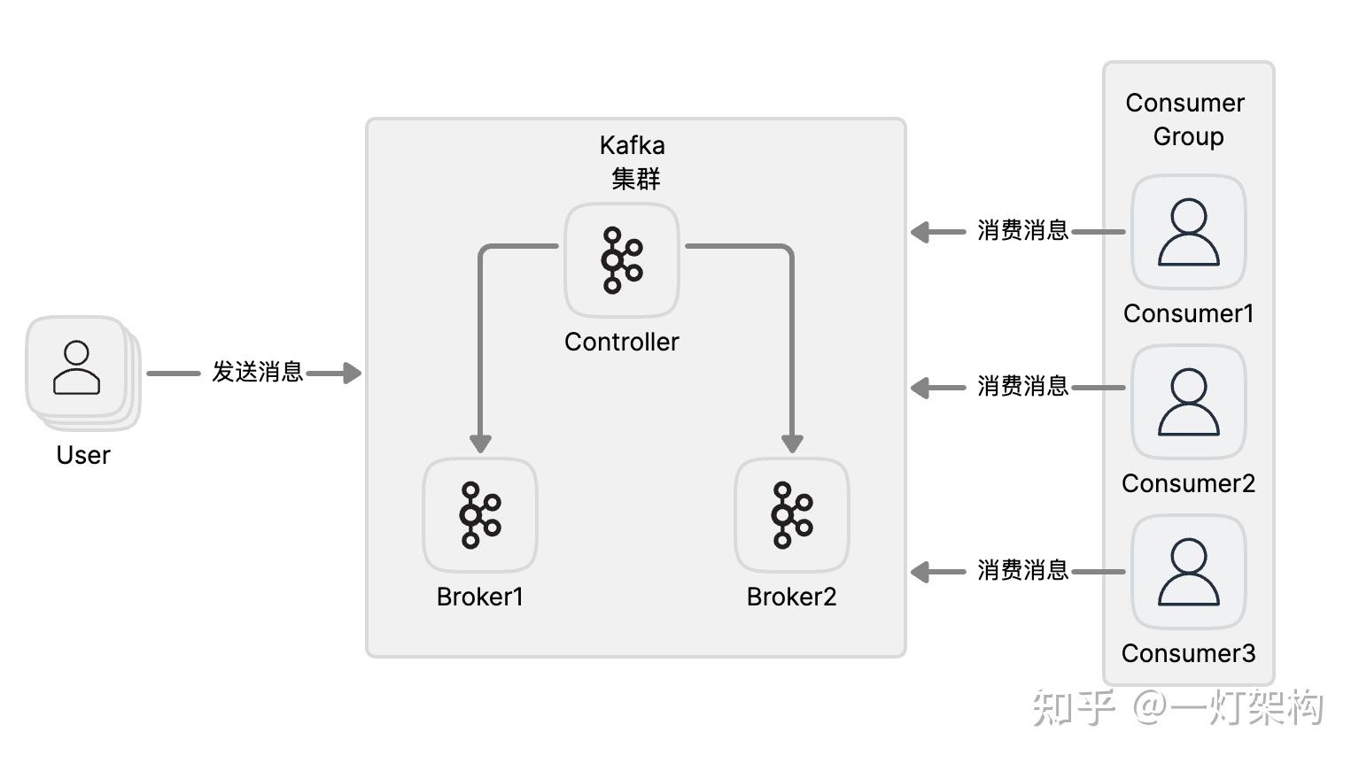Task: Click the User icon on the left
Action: pyautogui.click(x=77, y=367)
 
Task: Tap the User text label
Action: pyautogui.click(x=83, y=455)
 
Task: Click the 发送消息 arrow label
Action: pyautogui.click(x=257, y=372)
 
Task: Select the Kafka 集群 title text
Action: pyautogui.click(x=633, y=162)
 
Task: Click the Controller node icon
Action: pyautogui.click(x=622, y=260)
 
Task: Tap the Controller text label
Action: pyautogui.click(x=622, y=342)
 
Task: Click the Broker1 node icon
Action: pyautogui.click(x=480, y=514)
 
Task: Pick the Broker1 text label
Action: pyautogui.click(x=480, y=597)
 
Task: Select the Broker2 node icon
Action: pyautogui.click(x=792, y=514)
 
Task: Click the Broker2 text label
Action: pyautogui.click(x=792, y=597)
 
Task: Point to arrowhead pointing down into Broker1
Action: pyautogui.click(x=480, y=443)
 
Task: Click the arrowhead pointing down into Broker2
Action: pyautogui.click(x=792, y=443)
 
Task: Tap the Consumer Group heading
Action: pyautogui.click(x=1187, y=119)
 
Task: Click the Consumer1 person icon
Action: pyautogui.click(x=1189, y=232)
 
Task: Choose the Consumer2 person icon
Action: pyautogui.click(x=1189, y=402)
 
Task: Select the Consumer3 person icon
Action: pyautogui.click(x=1189, y=572)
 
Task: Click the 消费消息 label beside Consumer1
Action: pyautogui.click(x=1022, y=231)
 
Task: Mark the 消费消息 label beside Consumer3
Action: pyautogui.click(x=1022, y=571)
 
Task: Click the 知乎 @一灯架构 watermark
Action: pyautogui.click(x=1178, y=708)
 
